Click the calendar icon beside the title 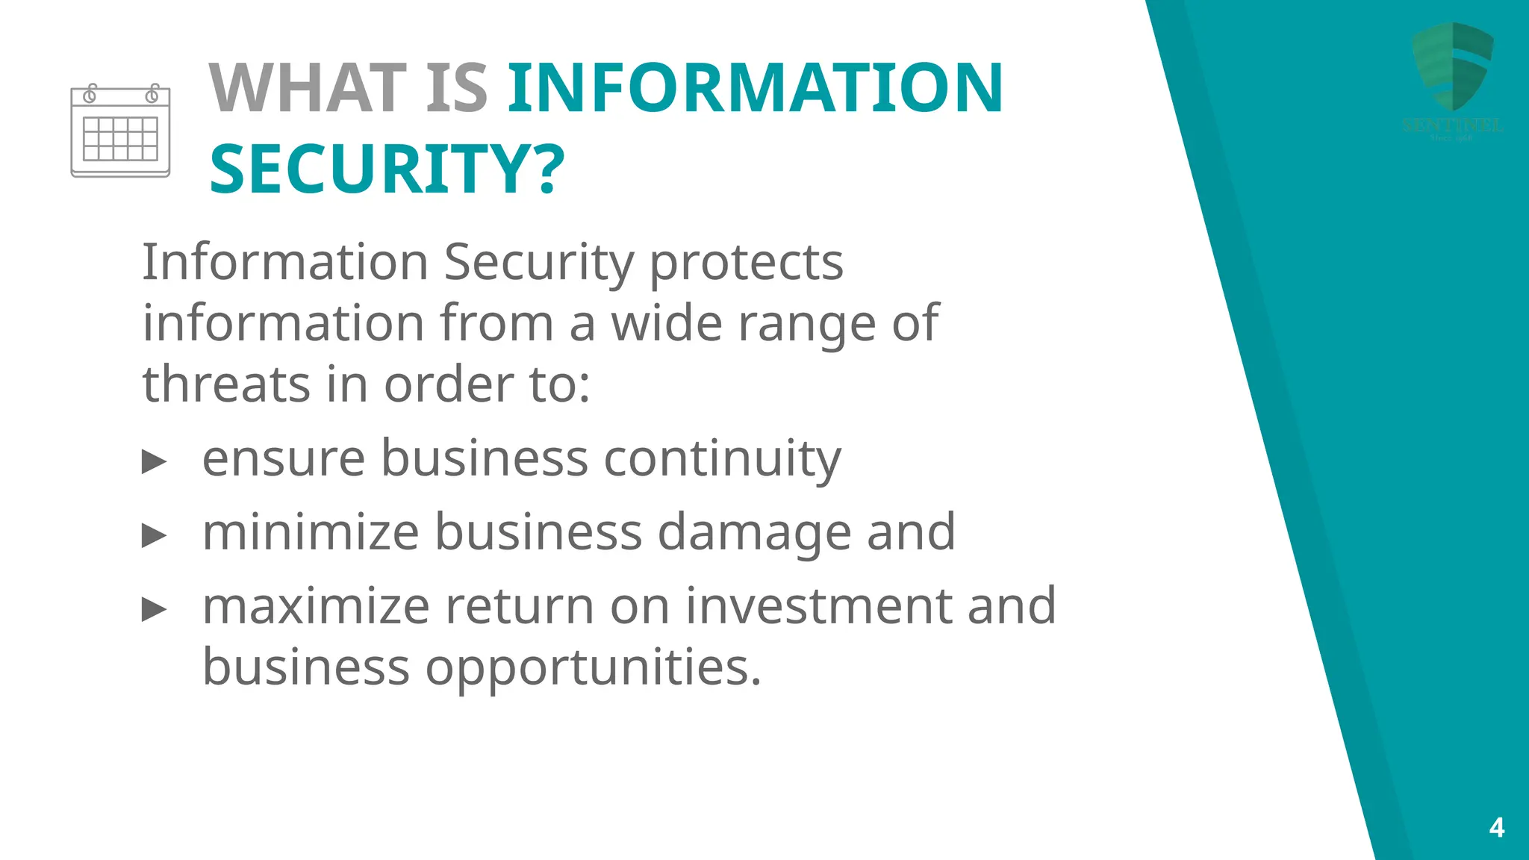click(x=120, y=131)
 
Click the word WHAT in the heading click(x=307, y=88)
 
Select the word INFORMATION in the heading click(x=756, y=88)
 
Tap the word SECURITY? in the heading click(x=387, y=170)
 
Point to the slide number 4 click(x=1496, y=827)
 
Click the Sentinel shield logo click(x=1452, y=67)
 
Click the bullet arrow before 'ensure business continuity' click(x=154, y=461)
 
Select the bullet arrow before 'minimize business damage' click(x=154, y=535)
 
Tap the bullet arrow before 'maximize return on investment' click(x=154, y=609)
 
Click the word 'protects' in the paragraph click(x=747, y=263)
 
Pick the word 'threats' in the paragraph click(x=226, y=384)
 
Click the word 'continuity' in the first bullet click(x=722, y=458)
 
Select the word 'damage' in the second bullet click(x=754, y=533)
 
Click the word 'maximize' click(x=316, y=605)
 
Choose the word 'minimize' click(x=311, y=532)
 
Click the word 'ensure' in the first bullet click(x=284, y=458)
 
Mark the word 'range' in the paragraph click(x=806, y=324)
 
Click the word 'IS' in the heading click(x=457, y=88)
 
